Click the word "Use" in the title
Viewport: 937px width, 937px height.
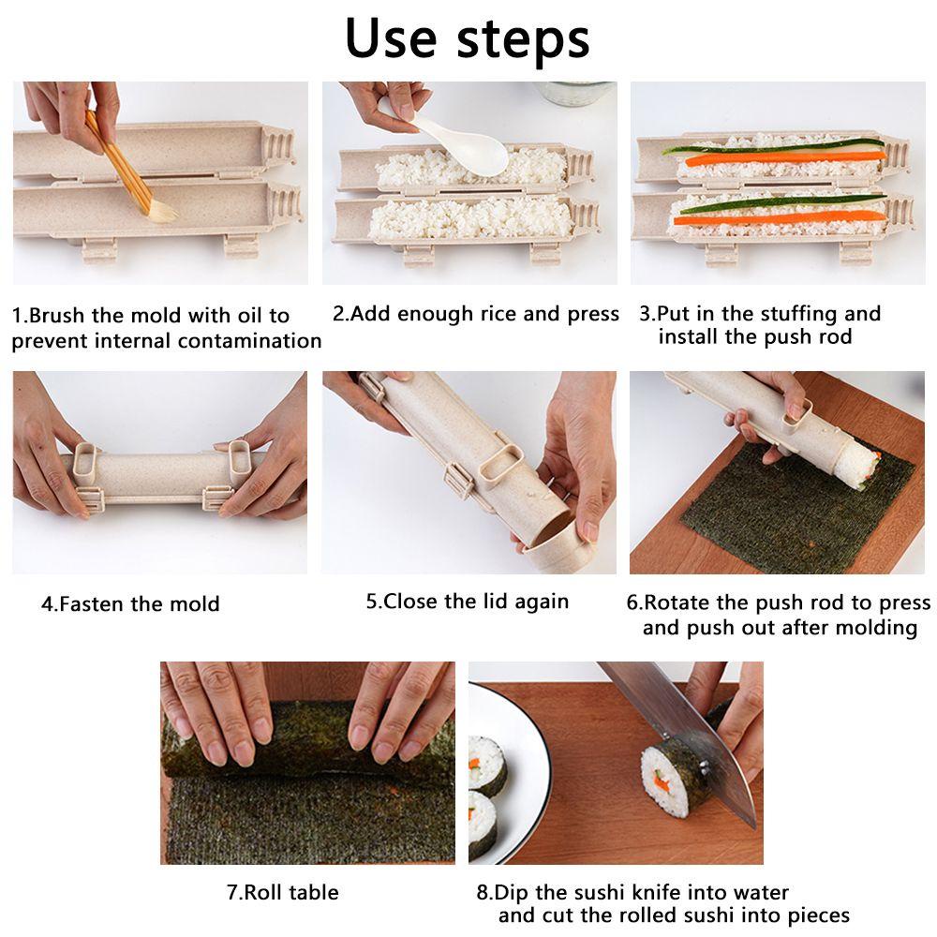392,37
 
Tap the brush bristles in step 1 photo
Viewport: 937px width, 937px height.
160,212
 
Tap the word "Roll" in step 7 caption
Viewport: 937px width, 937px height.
263,892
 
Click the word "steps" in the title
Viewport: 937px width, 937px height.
523,40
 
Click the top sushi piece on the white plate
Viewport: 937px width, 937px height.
486,764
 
